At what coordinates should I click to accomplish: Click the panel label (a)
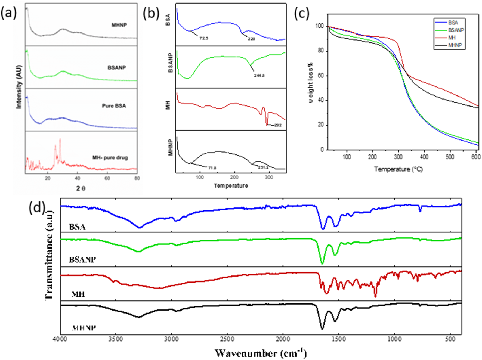pyautogui.click(x=8, y=13)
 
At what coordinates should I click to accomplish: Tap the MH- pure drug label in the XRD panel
pyautogui.click(x=110, y=157)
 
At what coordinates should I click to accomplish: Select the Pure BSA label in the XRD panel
pyautogui.click(x=114, y=106)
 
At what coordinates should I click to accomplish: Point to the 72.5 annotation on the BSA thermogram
pyautogui.click(x=203, y=38)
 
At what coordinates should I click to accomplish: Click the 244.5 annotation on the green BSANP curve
pyautogui.click(x=259, y=75)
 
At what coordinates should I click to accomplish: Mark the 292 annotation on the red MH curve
pyautogui.click(x=277, y=125)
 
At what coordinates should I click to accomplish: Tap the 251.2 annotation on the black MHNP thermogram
pyautogui.click(x=263, y=167)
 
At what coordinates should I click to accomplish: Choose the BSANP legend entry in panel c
pyautogui.click(x=456, y=30)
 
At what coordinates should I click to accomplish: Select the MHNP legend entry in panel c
pyautogui.click(x=455, y=45)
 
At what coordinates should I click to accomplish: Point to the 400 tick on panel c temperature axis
pyautogui.click(x=424, y=157)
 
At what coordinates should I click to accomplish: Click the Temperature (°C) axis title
pyautogui.click(x=398, y=169)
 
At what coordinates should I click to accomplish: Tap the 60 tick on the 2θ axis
pyautogui.click(x=107, y=178)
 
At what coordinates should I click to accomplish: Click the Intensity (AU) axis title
pyautogui.click(x=18, y=87)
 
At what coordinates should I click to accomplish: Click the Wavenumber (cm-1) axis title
pyautogui.click(x=260, y=353)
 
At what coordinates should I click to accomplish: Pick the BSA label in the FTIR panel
pyautogui.click(x=77, y=227)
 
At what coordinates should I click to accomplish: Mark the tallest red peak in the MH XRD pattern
pyautogui.click(x=60, y=139)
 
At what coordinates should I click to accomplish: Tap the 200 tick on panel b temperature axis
pyautogui.click(x=234, y=177)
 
